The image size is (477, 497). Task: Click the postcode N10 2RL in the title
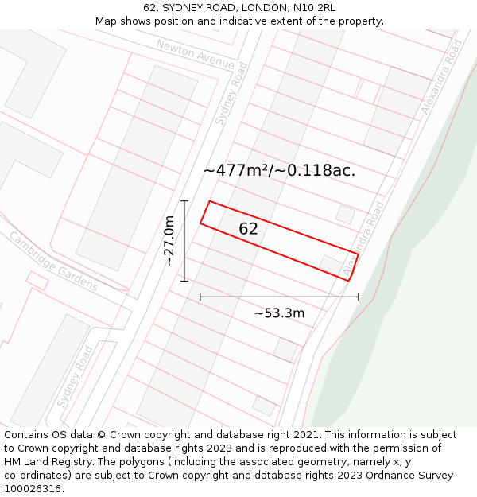coord(314,8)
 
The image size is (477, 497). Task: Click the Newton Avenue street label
coord(195,54)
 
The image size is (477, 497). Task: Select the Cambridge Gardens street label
coord(53,261)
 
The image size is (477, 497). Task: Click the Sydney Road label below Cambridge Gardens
coord(76,376)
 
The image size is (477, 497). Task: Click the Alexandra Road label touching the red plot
coord(364,239)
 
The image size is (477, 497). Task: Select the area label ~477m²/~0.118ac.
coord(279,170)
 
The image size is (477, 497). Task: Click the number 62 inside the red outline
coord(248,229)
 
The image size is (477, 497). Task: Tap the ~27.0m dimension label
coord(169,241)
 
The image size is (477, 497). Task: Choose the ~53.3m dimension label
coord(279,313)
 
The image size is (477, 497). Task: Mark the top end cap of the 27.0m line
coord(184,201)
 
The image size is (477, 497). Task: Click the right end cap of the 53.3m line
coord(358,297)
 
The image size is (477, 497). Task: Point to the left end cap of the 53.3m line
coord(200,297)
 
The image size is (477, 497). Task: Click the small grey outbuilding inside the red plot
coord(331,264)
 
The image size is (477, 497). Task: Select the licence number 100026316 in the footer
coord(33,489)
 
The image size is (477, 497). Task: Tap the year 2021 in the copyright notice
coord(306,435)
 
